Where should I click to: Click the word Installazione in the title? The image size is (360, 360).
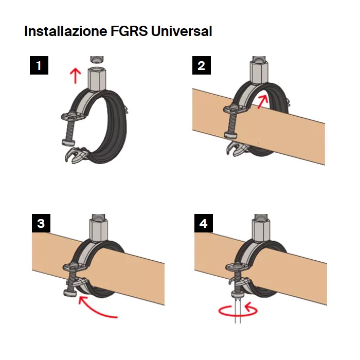point(66,31)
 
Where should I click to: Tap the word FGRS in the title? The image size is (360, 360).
point(129,31)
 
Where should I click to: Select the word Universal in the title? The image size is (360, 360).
point(182,31)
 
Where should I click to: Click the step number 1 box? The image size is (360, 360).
point(39,65)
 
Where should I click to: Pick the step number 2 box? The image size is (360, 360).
point(202,65)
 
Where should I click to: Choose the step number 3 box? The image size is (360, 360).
point(41,223)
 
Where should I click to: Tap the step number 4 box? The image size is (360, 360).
point(204,223)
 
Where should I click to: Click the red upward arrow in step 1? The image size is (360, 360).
point(75,76)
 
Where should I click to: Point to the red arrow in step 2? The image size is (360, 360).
point(263,102)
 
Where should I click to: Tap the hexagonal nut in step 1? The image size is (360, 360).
point(97,79)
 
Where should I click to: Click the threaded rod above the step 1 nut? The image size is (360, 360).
point(97,60)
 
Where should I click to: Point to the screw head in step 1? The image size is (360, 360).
point(68,142)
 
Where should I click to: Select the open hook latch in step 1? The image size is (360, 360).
point(75,155)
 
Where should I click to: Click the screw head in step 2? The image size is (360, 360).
point(230,135)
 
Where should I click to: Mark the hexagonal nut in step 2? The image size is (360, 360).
point(259,73)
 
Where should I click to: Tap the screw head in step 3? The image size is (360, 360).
point(70,293)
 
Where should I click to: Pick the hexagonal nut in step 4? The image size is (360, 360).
point(261,230)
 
